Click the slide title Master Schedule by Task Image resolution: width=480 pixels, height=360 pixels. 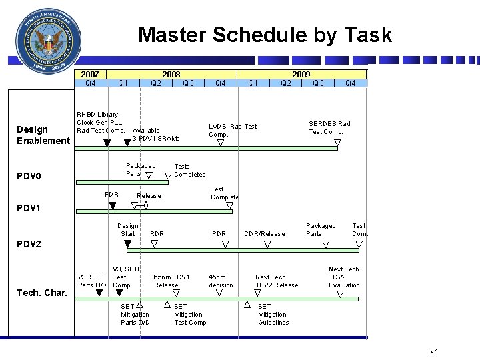coord(265,35)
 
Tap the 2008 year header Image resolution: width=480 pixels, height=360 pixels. coord(172,74)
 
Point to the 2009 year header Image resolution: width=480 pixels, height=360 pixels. coord(301,74)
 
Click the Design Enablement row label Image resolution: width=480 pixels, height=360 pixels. coord(43,135)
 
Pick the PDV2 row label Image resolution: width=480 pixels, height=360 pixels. coord(29,244)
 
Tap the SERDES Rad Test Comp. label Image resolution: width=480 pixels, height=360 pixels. coord(329,127)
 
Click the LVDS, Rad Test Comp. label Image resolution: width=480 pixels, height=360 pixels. coord(232,130)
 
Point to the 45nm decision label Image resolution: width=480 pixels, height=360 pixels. coord(221,281)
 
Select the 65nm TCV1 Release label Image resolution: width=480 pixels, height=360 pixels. coord(171,281)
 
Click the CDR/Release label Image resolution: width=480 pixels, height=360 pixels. coord(264,234)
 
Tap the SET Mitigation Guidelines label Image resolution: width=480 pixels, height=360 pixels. coord(273,315)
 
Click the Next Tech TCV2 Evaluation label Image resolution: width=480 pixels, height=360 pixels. coord(344,277)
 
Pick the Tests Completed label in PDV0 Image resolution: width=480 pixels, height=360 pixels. coord(189,171)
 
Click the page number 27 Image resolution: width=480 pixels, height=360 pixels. coord(433,351)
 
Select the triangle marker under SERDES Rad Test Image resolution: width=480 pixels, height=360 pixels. coord(337,142)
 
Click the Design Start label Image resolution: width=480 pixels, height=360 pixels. coord(127,230)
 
